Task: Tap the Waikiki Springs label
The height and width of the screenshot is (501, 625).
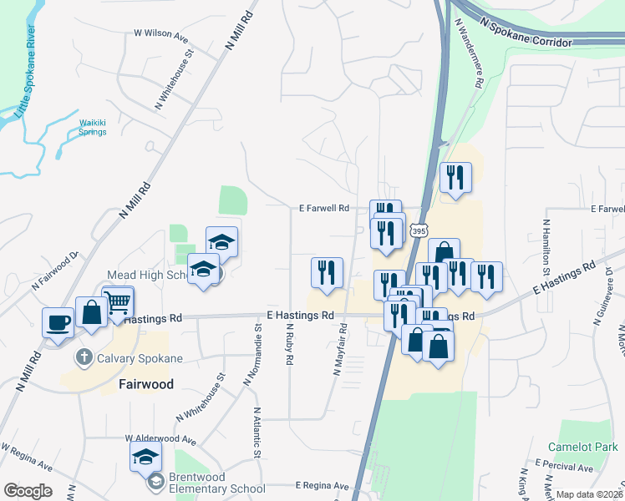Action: click(93, 127)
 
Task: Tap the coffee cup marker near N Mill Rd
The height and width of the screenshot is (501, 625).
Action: click(58, 321)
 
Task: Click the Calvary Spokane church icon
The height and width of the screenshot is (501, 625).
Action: click(83, 357)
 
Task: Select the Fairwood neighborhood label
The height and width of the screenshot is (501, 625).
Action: click(146, 385)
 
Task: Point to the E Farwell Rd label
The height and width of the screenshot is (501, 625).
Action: click(323, 209)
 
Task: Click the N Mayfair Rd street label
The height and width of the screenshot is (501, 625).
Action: click(340, 350)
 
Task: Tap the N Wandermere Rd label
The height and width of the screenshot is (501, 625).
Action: click(468, 55)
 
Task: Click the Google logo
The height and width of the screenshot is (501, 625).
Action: click(28, 491)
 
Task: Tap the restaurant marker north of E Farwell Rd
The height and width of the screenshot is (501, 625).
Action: click(455, 178)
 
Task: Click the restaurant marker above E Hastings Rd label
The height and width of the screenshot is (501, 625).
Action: click(327, 273)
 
